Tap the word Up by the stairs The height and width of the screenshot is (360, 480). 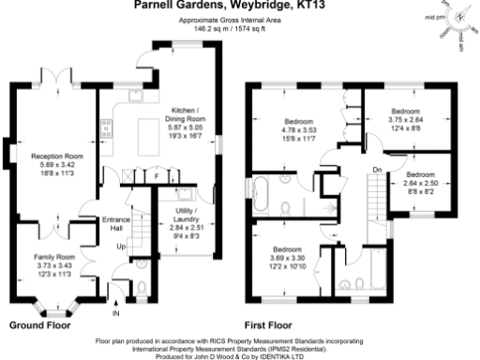point(120,247)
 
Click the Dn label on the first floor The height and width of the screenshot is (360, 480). point(376,169)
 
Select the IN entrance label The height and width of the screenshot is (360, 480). point(116,314)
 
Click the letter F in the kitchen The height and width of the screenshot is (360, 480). point(157,175)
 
